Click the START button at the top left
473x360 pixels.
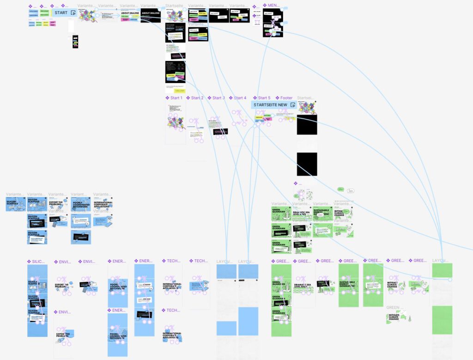(61, 13)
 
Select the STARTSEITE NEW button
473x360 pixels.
(270, 105)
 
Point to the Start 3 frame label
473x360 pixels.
(218, 98)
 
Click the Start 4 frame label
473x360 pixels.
(240, 98)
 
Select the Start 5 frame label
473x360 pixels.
(264, 98)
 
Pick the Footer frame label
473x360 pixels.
(286, 98)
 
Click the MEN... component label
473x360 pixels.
(274, 6)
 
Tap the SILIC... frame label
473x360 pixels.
(37, 262)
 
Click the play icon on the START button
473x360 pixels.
(73, 13)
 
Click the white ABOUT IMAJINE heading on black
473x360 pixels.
(151, 13)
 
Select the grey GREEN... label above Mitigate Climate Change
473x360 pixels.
(393, 307)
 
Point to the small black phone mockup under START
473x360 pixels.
(75, 42)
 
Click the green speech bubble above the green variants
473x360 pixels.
(340, 189)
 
